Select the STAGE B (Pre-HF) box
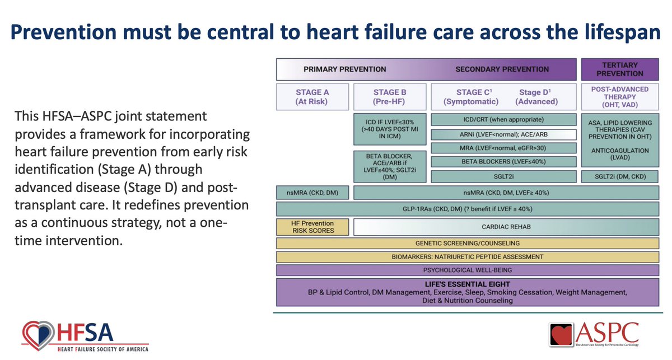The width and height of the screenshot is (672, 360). point(389,96)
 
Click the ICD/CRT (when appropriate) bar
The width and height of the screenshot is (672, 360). point(502,120)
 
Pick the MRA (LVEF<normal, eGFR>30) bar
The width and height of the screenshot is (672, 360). point(502,148)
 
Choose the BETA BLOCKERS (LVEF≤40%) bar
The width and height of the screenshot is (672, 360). point(502,162)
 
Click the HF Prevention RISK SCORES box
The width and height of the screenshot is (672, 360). point(313,227)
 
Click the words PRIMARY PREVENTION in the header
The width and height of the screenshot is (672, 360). point(344,69)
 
